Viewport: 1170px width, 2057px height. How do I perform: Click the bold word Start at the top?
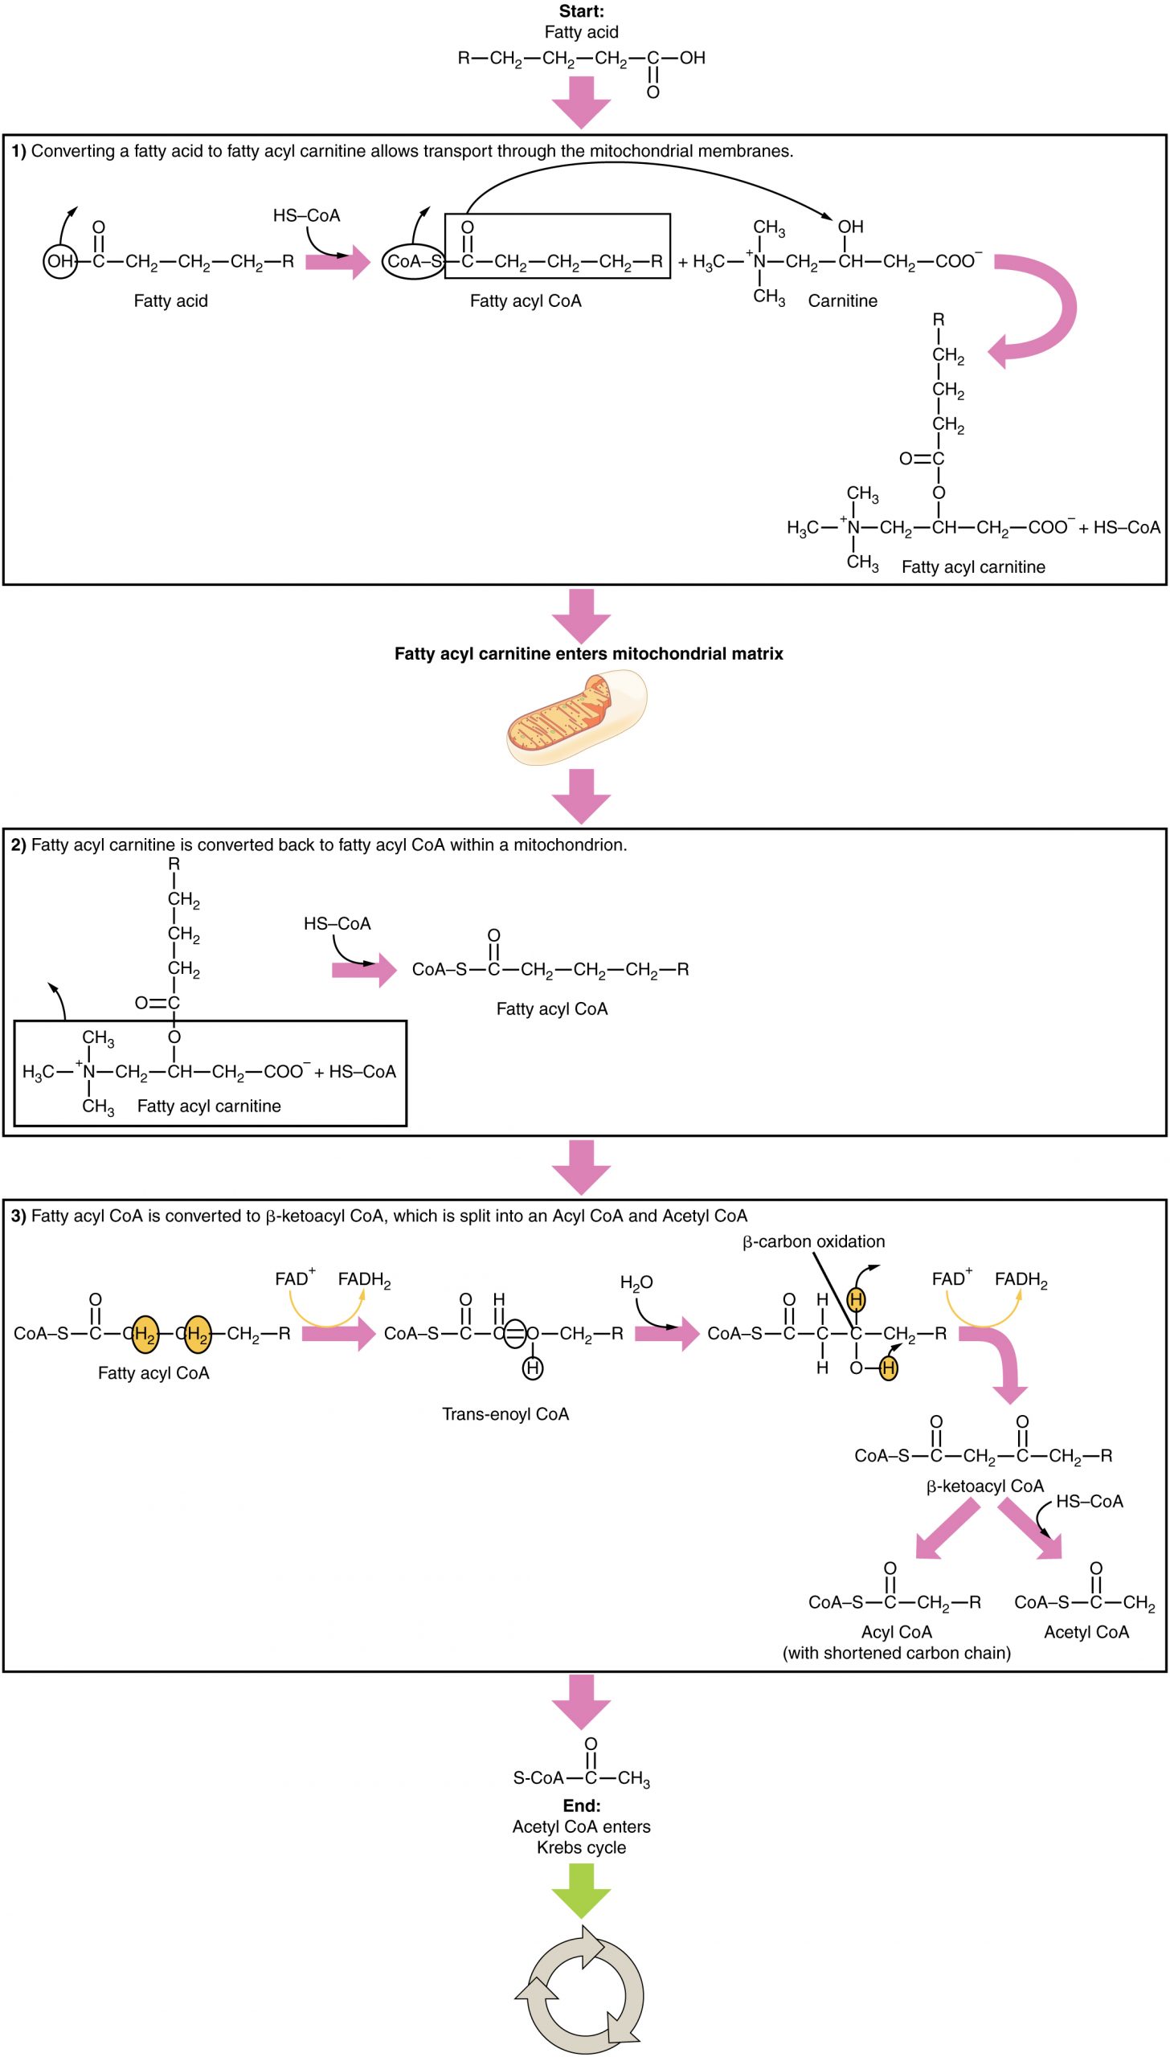click(x=581, y=11)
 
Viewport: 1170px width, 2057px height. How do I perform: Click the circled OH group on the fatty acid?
click(x=59, y=261)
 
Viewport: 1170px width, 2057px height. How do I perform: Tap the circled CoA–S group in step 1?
click(x=413, y=261)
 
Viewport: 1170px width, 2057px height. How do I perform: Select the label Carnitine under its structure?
click(x=842, y=301)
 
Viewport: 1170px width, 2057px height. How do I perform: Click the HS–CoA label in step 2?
click(x=337, y=924)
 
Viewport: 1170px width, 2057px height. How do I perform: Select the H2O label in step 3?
click(x=636, y=1282)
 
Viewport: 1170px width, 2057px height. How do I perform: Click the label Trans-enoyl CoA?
click(x=505, y=1414)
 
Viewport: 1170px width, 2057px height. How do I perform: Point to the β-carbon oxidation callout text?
click(x=812, y=1241)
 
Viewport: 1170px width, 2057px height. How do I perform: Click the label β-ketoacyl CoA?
click(x=984, y=1487)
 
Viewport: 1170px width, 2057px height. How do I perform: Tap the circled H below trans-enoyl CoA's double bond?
click(x=533, y=1368)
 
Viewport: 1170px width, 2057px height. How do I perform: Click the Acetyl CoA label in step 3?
click(x=1086, y=1632)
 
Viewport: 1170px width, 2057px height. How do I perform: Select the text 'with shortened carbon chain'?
click(x=896, y=1653)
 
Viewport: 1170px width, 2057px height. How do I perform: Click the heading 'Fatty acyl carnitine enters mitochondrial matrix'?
click(x=588, y=654)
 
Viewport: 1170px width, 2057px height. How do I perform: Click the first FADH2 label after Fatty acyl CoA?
click(x=364, y=1279)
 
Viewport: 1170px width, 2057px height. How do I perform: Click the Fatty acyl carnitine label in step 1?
click(x=972, y=567)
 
